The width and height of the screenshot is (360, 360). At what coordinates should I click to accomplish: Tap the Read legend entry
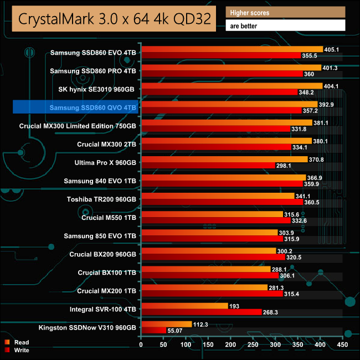pos(21,342)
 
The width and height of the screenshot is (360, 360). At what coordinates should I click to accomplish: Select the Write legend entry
pos(22,349)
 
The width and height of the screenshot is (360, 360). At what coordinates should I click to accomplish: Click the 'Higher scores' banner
pos(285,12)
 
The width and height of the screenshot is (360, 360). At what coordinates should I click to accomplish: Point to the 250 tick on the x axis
pos(231,344)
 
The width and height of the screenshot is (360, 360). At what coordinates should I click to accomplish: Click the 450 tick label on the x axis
pos(342,344)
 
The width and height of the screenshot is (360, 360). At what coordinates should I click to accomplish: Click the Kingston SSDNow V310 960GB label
pos(87,327)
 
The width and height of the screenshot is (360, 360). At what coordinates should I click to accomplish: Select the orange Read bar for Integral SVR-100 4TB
pos(184,306)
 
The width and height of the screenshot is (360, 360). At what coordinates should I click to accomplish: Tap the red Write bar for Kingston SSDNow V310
pos(154,331)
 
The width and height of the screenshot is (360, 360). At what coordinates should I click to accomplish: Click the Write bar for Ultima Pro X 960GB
pos(208,165)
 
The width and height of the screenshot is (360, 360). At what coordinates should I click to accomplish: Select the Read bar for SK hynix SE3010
pos(232,86)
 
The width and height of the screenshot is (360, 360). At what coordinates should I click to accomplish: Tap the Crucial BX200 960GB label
pos(103,254)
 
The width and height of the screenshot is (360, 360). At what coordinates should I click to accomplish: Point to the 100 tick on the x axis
pos(186,344)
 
